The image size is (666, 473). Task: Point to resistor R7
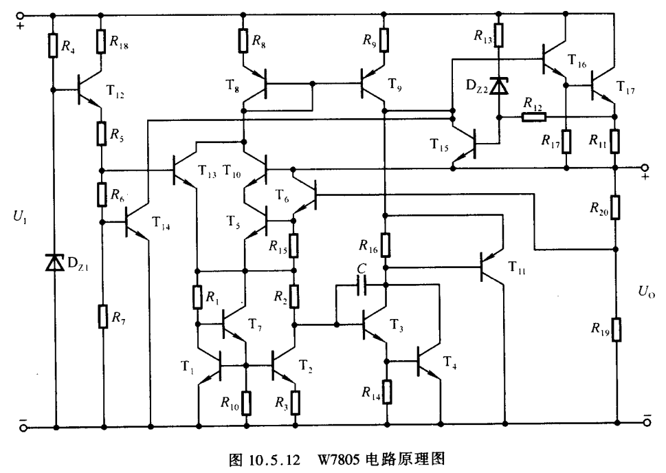103,318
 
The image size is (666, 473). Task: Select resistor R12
533,117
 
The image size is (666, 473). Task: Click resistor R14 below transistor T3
387,392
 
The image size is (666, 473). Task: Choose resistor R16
386,244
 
